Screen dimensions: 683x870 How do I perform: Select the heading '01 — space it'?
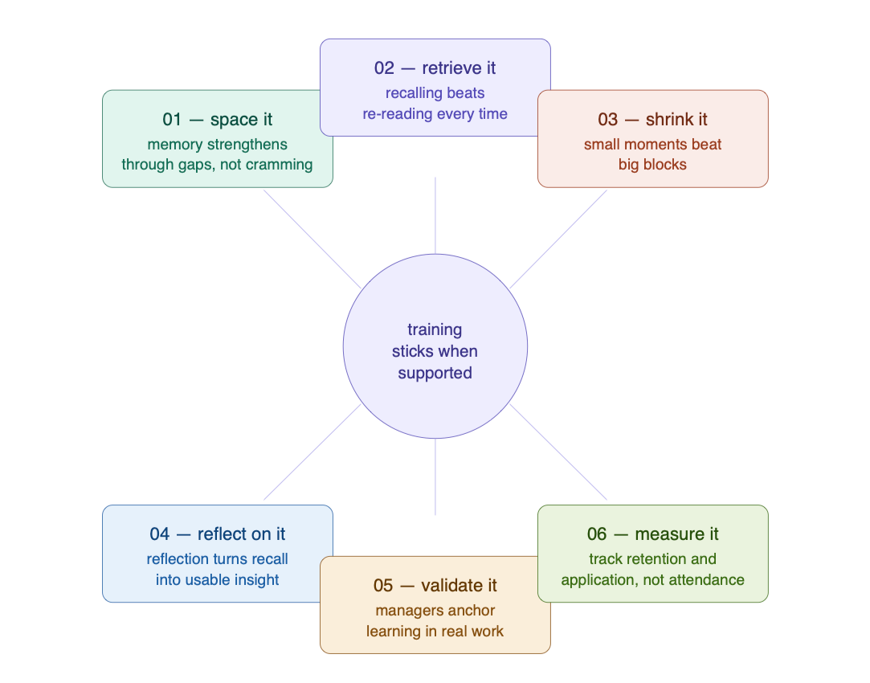[218, 120]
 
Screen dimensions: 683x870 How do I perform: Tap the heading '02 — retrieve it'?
[435, 68]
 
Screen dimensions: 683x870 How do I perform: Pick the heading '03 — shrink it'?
[652, 120]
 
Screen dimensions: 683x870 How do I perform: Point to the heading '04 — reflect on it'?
[218, 534]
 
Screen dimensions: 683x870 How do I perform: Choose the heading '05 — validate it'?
[435, 586]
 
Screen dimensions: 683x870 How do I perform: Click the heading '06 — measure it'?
[652, 534]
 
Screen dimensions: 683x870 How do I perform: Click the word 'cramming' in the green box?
[279, 165]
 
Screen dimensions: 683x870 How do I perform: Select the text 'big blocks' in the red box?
[652, 165]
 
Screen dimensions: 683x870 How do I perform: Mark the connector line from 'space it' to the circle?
[312, 239]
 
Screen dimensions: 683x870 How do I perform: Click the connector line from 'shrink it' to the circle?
[558, 239]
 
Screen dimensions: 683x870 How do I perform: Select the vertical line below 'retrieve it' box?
[435, 215]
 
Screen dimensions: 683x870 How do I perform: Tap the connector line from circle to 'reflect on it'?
[312, 452]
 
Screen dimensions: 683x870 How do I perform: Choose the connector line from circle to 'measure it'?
[558, 452]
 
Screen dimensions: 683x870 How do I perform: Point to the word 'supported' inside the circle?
[435, 374]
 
